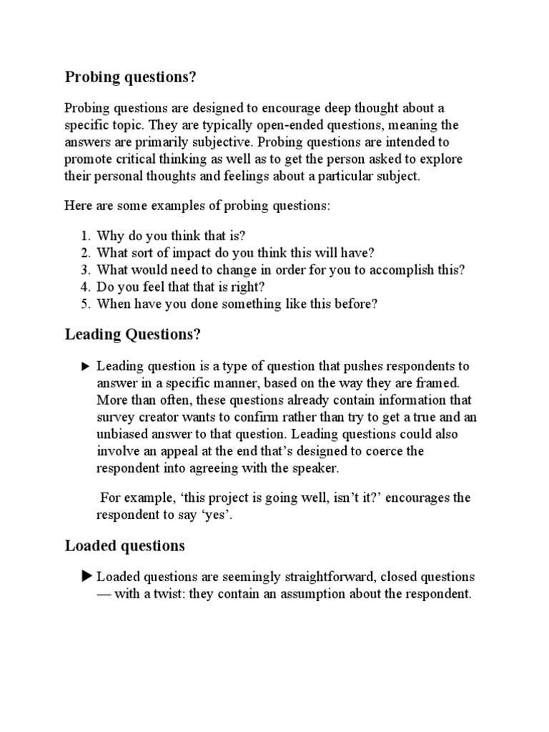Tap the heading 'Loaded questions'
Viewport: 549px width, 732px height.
point(125,546)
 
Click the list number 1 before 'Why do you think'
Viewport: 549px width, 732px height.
point(84,236)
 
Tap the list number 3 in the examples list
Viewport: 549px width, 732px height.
point(84,269)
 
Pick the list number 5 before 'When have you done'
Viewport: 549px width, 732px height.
point(84,304)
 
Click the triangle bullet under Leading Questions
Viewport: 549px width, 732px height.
point(86,367)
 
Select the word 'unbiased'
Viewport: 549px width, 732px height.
point(122,435)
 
